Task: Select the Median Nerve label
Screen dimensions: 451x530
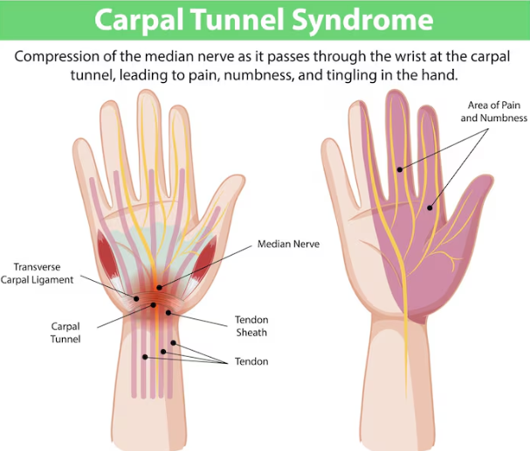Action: coord(288,244)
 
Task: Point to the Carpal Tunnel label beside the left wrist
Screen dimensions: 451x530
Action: coord(66,333)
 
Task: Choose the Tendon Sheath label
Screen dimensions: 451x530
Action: coord(251,325)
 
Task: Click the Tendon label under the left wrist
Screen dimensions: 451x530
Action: coord(251,361)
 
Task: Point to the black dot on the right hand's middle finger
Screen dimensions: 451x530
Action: coord(399,169)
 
